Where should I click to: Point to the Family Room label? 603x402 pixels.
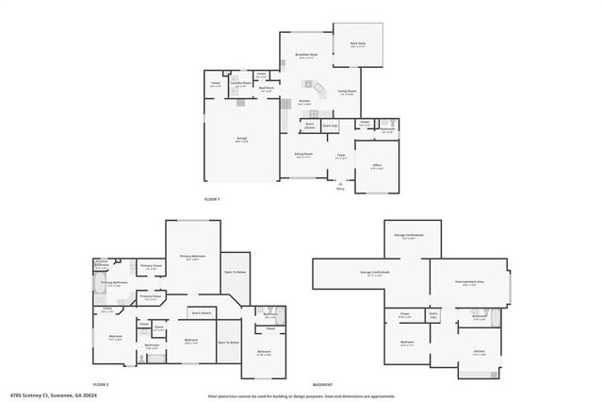click(347, 91)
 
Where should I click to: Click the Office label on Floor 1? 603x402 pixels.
click(376, 164)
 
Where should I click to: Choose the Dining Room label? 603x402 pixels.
click(303, 155)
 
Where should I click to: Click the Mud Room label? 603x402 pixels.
click(267, 88)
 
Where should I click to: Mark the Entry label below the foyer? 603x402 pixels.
click(341, 189)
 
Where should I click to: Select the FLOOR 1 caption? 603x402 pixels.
click(212, 199)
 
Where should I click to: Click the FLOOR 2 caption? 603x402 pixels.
click(101, 385)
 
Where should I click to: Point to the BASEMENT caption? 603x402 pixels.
click(322, 385)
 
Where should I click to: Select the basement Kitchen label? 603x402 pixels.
click(479, 350)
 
